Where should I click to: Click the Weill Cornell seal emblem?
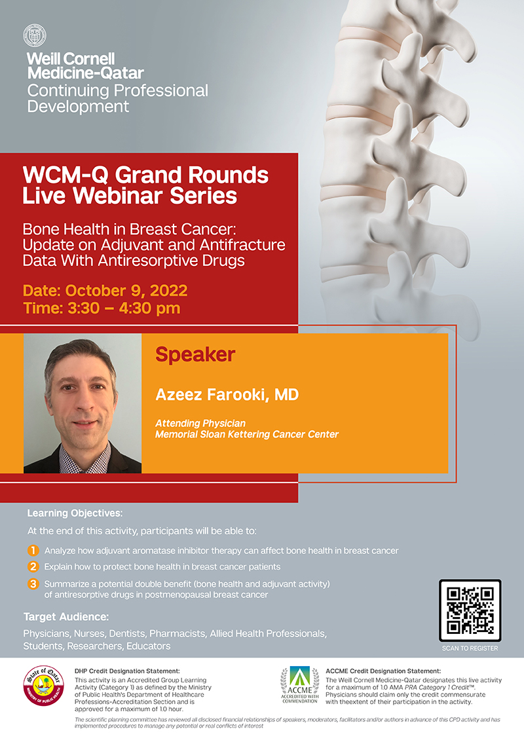tap(35, 35)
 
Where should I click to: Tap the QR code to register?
tap(470, 610)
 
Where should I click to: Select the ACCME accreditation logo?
tap(299, 685)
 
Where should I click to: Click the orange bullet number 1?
tap(33, 550)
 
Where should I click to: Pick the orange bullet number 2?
tap(33, 566)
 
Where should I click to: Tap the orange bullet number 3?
tap(33, 584)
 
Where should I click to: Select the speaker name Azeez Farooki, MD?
tap(227, 394)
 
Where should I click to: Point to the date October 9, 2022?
tap(126, 290)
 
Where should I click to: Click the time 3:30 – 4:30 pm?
tap(124, 308)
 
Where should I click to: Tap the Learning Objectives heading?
tap(75, 513)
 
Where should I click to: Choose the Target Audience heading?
tap(65, 617)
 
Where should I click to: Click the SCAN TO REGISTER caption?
tap(470, 648)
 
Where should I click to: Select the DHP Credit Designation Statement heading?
tap(127, 671)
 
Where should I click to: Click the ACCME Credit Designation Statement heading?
tap(383, 671)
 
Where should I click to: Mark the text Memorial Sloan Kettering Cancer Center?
tap(247, 434)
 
